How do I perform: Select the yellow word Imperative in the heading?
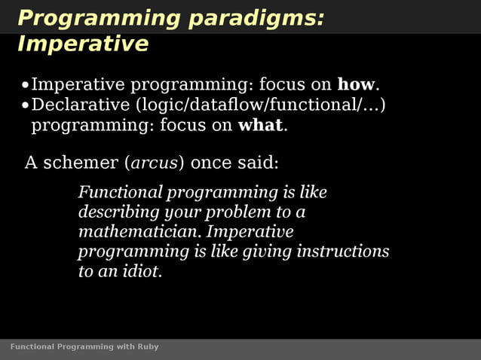point(83,44)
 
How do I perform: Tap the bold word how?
point(356,84)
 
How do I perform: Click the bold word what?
point(260,125)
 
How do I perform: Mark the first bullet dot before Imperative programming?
point(26,85)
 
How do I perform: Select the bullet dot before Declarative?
point(26,105)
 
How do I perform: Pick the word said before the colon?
point(261,163)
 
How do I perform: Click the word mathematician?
point(139,232)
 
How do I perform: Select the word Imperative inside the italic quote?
point(250,232)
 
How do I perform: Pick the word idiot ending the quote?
point(141,271)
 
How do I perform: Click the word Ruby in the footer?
point(149,347)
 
